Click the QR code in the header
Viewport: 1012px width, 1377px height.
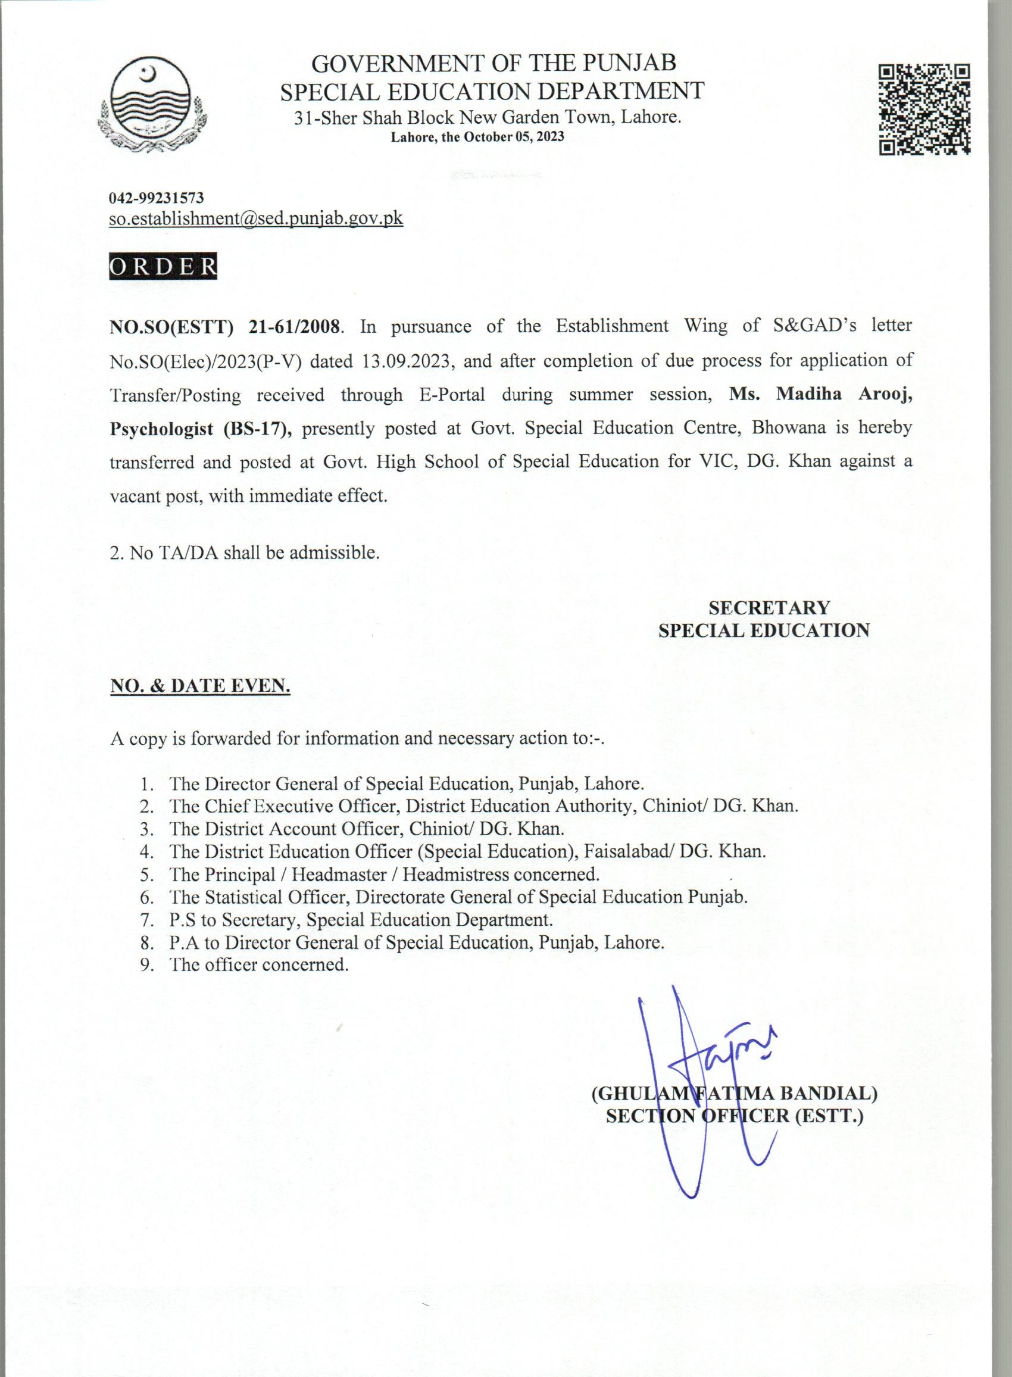click(924, 109)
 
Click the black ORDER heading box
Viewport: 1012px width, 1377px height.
click(163, 267)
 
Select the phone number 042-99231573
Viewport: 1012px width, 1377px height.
click(156, 198)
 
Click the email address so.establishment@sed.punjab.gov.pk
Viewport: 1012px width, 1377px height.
click(256, 218)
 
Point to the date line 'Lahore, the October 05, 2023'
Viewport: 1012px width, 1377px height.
click(477, 137)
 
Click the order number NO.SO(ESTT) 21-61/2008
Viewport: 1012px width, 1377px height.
click(224, 326)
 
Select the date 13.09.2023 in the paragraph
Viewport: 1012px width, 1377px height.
click(407, 361)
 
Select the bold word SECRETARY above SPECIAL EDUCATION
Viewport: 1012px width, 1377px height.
click(769, 608)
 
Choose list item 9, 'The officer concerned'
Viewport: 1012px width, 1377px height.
click(258, 965)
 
